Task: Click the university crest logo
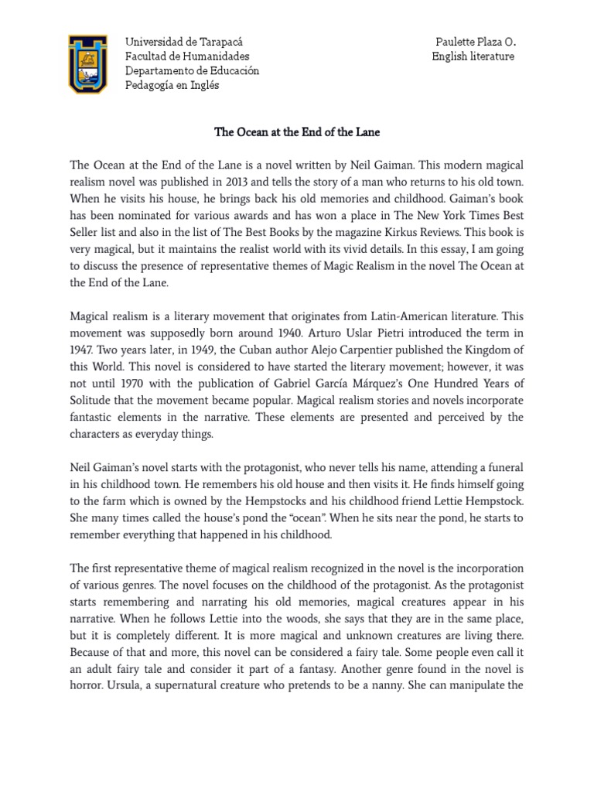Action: [x=87, y=63]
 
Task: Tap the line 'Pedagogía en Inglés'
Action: [x=172, y=85]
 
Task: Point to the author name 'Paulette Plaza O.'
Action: [x=472, y=42]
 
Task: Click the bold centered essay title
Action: [x=297, y=132]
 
